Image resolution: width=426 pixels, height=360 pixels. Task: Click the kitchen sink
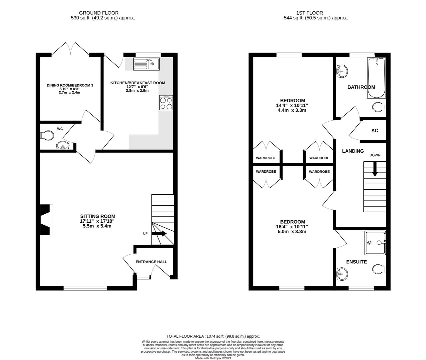pyautogui.click(x=147, y=64)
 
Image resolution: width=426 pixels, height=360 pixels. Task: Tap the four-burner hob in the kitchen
pyautogui.click(x=166, y=103)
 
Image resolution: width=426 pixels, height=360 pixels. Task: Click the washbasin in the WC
pyautogui.click(x=63, y=145)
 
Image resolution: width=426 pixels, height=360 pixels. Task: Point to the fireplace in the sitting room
pyautogui.click(x=45, y=220)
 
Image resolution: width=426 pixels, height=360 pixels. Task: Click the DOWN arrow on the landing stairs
pyautogui.click(x=375, y=169)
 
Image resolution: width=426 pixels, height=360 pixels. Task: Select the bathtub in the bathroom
pyautogui.click(x=376, y=78)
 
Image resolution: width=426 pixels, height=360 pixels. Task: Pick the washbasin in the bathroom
pyautogui.click(x=342, y=71)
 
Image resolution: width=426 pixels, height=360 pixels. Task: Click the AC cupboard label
pyautogui.click(x=375, y=131)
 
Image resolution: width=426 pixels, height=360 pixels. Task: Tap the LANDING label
pyautogui.click(x=353, y=151)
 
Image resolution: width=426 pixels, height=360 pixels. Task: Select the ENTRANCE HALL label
pyautogui.click(x=151, y=262)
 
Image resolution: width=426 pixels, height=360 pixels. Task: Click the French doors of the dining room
pyautogui.click(x=70, y=49)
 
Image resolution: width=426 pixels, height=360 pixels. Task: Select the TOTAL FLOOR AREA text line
pyautogui.click(x=213, y=336)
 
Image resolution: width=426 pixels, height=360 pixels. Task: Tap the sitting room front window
pyautogui.click(x=85, y=288)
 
